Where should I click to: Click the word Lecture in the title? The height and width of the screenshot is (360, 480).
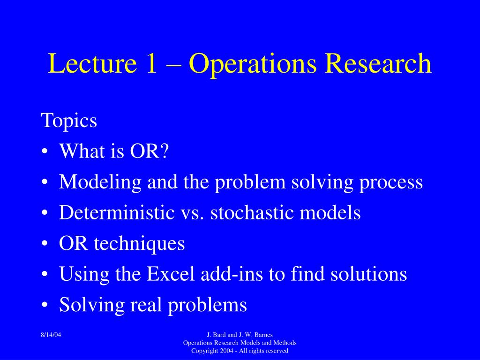92,63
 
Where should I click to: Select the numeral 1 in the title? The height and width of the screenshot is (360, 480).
151,63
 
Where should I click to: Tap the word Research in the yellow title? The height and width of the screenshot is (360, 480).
378,63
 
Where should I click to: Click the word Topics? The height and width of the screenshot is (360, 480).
69,121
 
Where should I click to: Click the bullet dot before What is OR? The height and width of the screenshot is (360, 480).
45,151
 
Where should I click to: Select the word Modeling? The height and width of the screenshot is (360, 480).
100,182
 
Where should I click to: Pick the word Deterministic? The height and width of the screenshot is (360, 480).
117,212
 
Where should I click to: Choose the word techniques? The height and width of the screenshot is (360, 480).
139,244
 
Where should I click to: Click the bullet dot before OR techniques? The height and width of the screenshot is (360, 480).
45,244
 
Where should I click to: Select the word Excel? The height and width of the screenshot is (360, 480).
171,273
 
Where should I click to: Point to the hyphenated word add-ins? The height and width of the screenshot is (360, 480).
232,273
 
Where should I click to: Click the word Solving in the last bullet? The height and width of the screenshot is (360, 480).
92,305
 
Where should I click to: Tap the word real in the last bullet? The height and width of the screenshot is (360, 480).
146,304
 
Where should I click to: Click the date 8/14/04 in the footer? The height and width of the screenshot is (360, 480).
51,335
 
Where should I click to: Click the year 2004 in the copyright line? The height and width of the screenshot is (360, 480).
226,351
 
